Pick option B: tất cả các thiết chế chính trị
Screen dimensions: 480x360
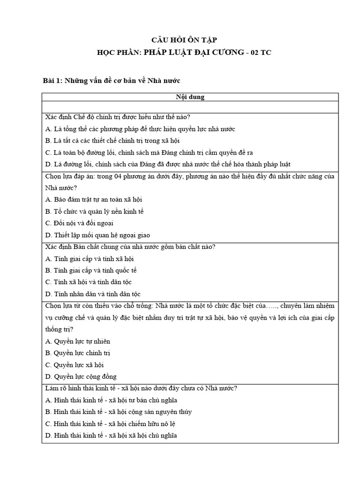pos(112,141)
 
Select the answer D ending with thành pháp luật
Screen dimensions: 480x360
pos(168,164)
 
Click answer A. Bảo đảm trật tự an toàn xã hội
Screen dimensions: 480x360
pos(94,199)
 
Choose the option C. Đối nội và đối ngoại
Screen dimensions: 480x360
pos(79,223)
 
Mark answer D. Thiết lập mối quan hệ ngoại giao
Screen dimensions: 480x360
pos(97,235)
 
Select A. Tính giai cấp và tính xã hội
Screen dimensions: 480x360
pos(90,259)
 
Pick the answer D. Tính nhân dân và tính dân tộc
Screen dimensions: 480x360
pos(93,294)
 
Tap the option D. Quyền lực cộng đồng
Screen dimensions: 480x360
pos(81,376)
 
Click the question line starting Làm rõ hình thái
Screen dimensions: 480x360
pos(141,388)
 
